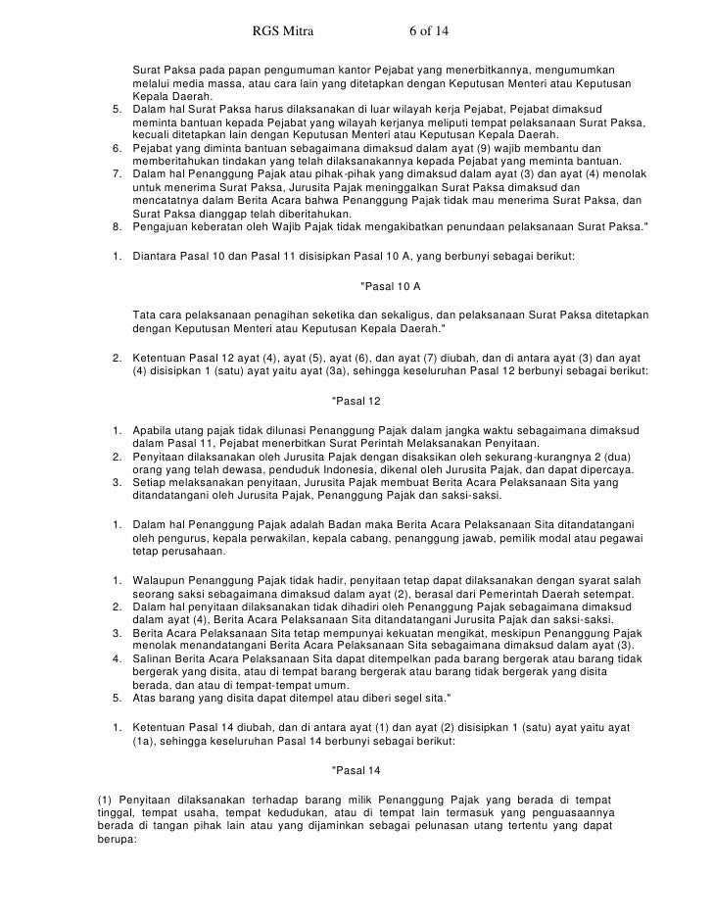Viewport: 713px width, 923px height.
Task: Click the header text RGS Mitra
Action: (x=279, y=30)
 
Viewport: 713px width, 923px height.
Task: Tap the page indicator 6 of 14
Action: (x=428, y=30)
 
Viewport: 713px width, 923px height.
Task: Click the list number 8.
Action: (x=117, y=226)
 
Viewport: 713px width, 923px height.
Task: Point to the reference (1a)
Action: (x=146, y=742)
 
